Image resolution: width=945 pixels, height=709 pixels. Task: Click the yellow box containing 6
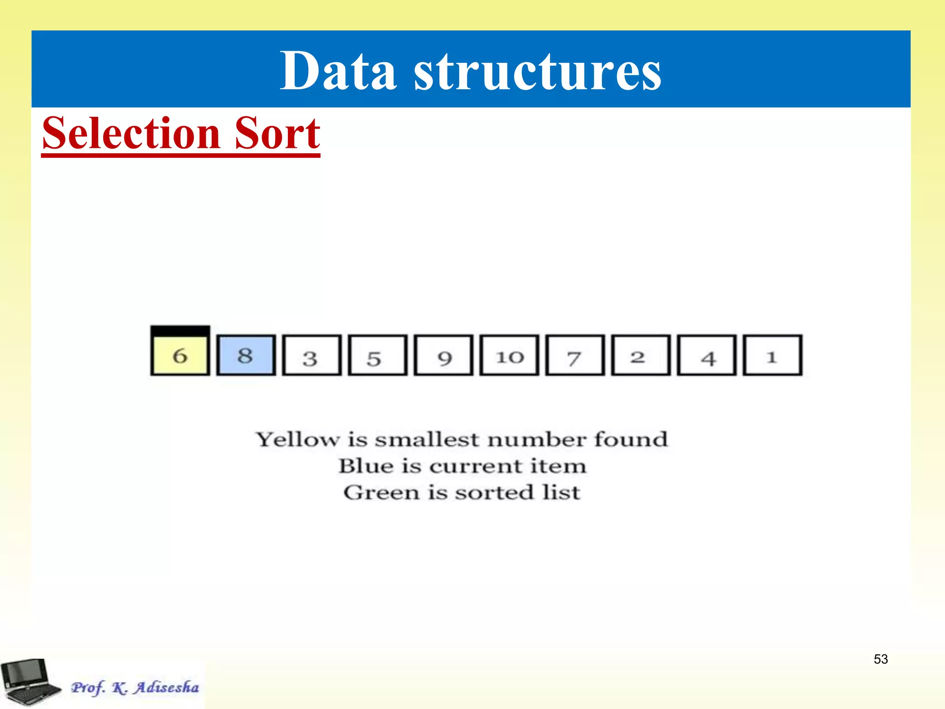[x=180, y=355]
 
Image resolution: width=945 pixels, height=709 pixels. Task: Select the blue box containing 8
[x=246, y=355]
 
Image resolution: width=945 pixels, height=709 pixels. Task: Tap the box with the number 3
[x=311, y=355]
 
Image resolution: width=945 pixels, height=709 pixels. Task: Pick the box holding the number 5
[x=377, y=355]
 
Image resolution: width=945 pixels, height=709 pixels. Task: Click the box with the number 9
[x=443, y=355]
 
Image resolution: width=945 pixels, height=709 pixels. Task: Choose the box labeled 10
[x=509, y=355]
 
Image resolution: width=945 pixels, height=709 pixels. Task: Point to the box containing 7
[x=575, y=355]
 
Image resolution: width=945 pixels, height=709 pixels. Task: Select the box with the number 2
[x=641, y=355]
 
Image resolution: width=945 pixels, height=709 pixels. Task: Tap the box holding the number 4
[x=707, y=355]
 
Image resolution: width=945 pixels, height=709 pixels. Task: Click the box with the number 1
[x=772, y=355]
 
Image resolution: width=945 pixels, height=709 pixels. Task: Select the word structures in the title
[x=538, y=72]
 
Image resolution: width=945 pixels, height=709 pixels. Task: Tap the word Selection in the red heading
[x=131, y=133]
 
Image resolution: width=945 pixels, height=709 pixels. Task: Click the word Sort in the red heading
[x=277, y=133]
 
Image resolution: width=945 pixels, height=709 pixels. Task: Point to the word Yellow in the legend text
[x=299, y=439]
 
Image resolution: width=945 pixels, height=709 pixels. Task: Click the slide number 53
[x=880, y=659]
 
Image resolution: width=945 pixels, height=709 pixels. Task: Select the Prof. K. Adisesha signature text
[x=135, y=687]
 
